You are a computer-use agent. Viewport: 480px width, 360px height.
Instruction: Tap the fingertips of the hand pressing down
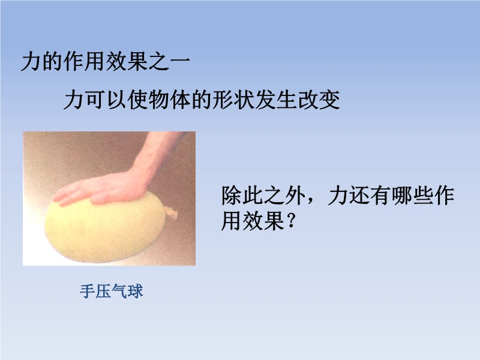point(60,199)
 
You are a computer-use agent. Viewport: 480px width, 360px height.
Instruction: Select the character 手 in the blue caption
point(87,291)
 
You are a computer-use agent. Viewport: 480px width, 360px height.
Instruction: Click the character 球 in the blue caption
point(135,291)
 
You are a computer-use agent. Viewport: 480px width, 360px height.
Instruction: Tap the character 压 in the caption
point(103,291)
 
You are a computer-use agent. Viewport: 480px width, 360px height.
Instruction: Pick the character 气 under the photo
point(119,291)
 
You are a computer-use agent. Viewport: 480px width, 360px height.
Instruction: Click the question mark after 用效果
point(291,220)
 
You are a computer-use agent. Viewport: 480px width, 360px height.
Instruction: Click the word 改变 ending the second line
point(319,100)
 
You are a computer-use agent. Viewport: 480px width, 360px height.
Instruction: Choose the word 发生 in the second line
point(277,100)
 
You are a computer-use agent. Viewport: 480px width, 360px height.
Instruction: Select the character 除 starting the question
point(232,196)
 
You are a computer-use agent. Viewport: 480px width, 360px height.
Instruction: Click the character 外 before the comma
point(295,196)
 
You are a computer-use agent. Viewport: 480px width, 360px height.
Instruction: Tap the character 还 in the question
point(359,196)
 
